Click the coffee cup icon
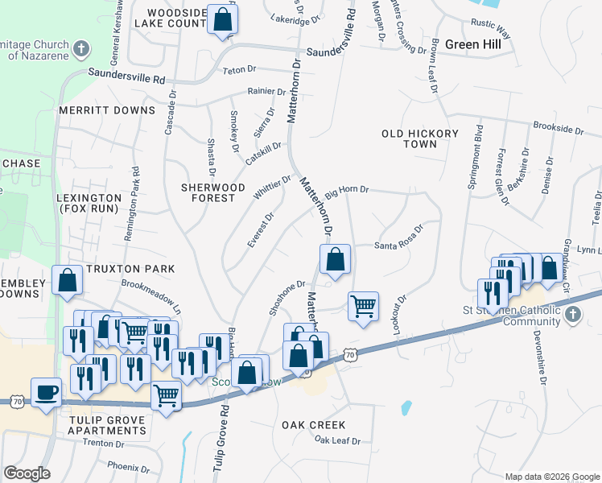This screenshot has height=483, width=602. (x=46, y=392)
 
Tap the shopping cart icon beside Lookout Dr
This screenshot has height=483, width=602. (x=363, y=305)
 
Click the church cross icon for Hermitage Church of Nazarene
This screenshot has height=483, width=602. (x=80, y=50)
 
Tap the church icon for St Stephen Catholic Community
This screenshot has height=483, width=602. (x=572, y=313)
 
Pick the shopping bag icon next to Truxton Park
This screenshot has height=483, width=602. (x=68, y=279)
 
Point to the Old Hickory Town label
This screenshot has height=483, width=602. (x=419, y=138)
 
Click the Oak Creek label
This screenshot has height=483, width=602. (x=314, y=424)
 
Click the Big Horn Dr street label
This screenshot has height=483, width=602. (x=346, y=191)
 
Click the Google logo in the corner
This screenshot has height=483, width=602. (x=27, y=473)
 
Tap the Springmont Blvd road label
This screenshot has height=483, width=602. (x=476, y=157)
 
